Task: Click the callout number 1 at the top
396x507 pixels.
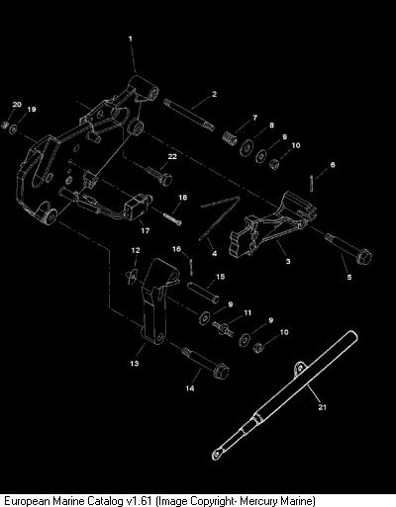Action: point(130,39)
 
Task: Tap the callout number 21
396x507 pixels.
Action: point(322,407)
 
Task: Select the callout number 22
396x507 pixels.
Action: point(172,156)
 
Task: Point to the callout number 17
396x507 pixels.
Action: point(146,231)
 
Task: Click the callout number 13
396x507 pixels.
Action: point(135,364)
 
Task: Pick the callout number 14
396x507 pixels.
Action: point(190,388)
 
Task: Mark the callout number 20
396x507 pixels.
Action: point(17,105)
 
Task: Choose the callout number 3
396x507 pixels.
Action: point(288,261)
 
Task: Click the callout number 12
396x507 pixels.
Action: point(136,250)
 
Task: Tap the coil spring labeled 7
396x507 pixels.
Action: point(230,137)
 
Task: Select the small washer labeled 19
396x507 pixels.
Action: point(14,129)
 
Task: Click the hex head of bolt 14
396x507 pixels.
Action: point(221,372)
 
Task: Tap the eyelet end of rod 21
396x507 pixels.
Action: point(217,455)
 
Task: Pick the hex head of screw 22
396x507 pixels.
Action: point(165,180)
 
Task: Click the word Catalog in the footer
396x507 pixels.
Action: point(106,501)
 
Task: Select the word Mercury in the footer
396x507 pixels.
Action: point(258,501)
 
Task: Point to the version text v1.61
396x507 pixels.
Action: point(140,501)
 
